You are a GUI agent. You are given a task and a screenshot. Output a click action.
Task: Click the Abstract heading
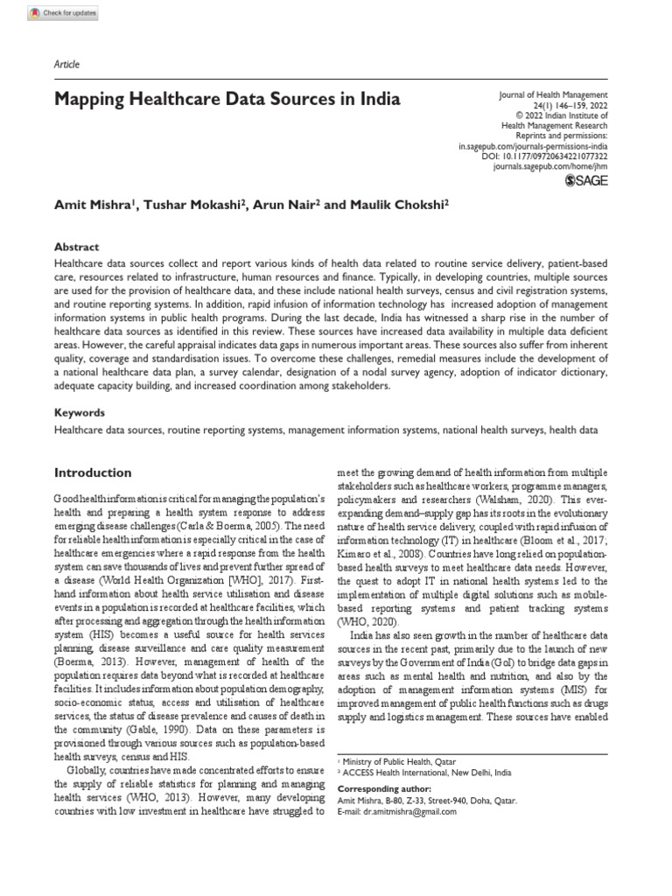point(76,248)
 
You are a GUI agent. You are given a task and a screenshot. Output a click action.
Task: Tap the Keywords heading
point(79,411)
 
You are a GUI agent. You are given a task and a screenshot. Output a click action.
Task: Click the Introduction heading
point(93,472)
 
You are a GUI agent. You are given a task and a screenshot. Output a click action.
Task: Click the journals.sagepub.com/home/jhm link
point(550,165)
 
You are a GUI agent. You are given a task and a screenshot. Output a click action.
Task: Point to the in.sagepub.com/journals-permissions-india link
point(533,146)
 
